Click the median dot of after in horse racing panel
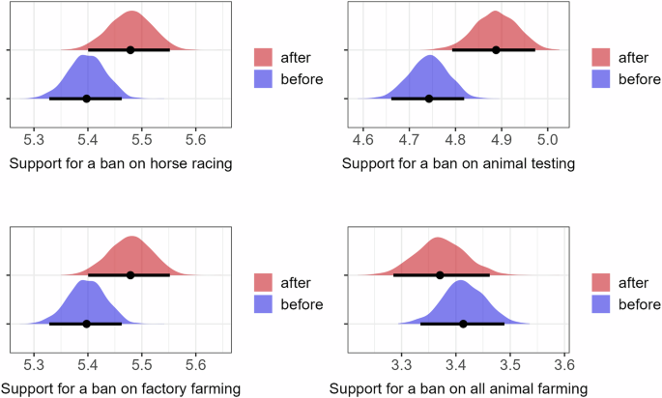pos(130,49)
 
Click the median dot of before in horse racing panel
pos(87,99)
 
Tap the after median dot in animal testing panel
pos(496,49)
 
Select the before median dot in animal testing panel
pos(428,99)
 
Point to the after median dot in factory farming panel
pos(130,275)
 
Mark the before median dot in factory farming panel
pos(87,324)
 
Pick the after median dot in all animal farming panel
pos(440,275)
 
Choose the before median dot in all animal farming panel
pos(463,324)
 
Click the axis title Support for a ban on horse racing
pos(121,163)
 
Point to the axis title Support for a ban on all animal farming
pos(457,389)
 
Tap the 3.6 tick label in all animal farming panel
pos(565,366)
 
